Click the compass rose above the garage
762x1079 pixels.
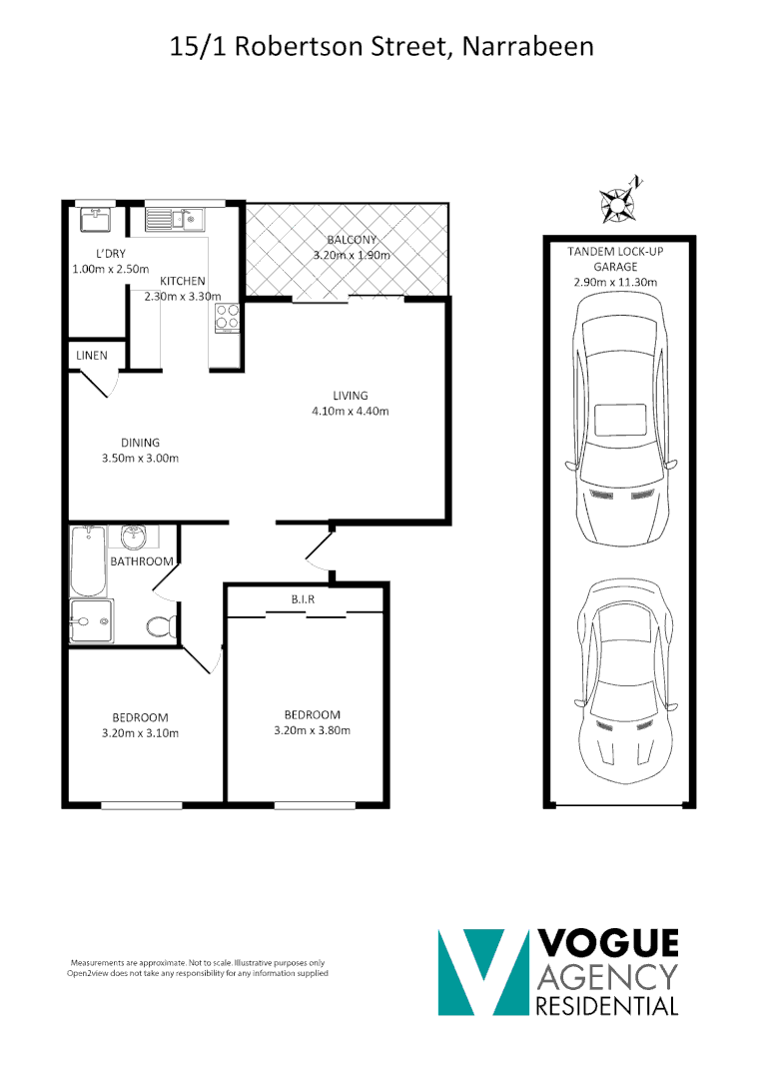coord(619,200)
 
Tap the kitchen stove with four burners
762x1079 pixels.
coord(227,317)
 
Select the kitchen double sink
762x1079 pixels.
coord(174,218)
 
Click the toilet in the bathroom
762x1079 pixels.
coord(161,627)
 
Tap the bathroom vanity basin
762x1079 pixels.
coord(133,538)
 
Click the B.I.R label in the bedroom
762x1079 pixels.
coord(305,599)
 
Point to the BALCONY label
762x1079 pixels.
coord(351,240)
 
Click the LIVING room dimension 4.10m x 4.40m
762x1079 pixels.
coord(351,411)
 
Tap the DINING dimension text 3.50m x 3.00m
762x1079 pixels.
coord(140,459)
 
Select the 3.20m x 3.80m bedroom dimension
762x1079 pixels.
coord(312,730)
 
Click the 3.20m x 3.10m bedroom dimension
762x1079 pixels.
coord(140,733)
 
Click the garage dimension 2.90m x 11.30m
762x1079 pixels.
coord(615,283)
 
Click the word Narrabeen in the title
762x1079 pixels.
coord(529,46)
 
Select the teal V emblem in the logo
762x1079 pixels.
coord(483,971)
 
